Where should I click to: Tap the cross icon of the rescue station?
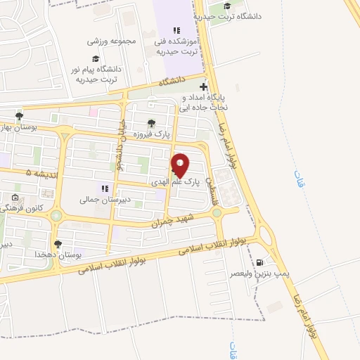tap(204, 86)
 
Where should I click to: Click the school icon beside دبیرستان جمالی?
tap(104, 188)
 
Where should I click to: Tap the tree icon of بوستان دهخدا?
tap(58, 243)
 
